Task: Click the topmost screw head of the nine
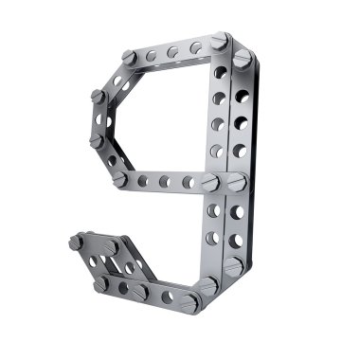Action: [220, 41]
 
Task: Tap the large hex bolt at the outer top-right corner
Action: [243, 59]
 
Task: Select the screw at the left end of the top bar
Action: [129, 58]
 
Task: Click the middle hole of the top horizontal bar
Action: [172, 52]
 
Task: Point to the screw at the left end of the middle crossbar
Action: [120, 179]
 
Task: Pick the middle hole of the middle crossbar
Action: [165, 181]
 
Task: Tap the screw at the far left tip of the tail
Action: [76, 243]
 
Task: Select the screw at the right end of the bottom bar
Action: [190, 304]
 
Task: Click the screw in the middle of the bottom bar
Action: [140, 292]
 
